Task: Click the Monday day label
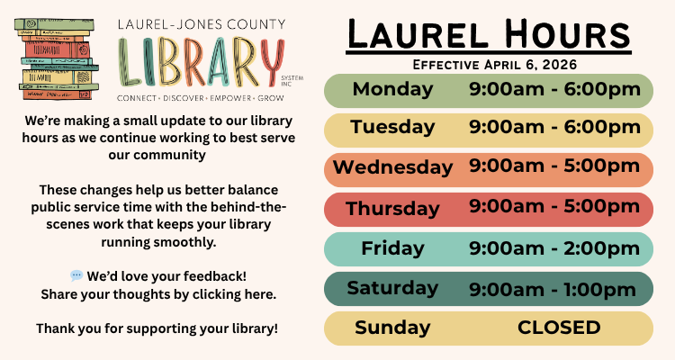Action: click(x=392, y=90)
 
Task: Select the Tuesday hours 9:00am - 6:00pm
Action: click(x=554, y=128)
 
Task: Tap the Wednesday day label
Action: click(x=393, y=167)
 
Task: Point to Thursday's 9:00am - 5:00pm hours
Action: click(x=554, y=207)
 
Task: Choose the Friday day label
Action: click(x=392, y=247)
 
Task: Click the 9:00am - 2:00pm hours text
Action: click(x=554, y=247)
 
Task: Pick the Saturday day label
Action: click(x=392, y=288)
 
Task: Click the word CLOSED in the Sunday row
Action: click(x=559, y=328)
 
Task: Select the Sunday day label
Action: click(x=392, y=328)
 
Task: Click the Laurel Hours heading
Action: click(x=489, y=35)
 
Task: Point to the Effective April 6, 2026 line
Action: click(x=489, y=64)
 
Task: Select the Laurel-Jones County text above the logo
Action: click(x=196, y=24)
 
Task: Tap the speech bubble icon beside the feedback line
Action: click(x=76, y=275)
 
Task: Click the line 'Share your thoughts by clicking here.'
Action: click(x=158, y=294)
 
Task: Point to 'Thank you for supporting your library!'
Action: click(x=157, y=328)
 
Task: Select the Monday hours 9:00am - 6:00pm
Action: click(x=554, y=90)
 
